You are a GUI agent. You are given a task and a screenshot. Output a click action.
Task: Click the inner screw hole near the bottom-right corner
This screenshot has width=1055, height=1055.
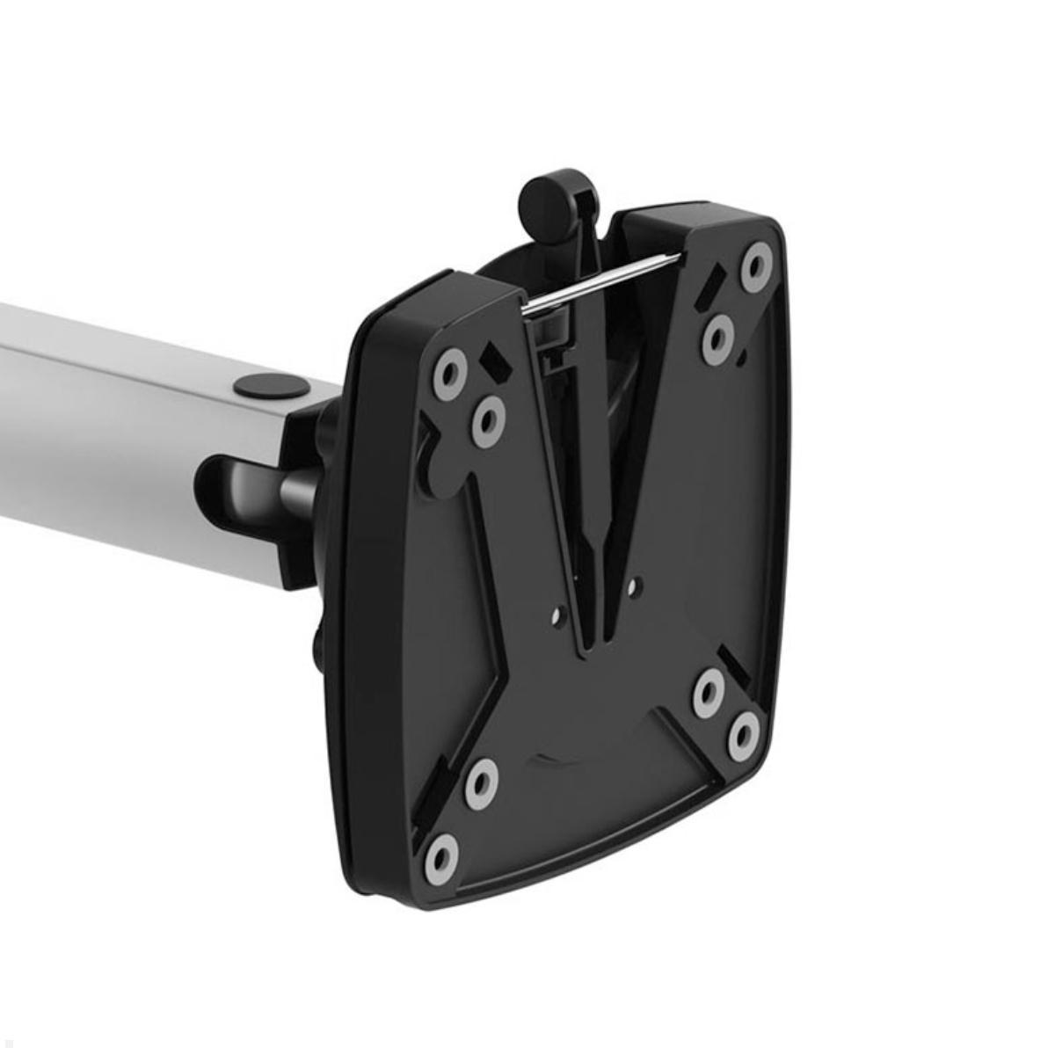click(x=707, y=694)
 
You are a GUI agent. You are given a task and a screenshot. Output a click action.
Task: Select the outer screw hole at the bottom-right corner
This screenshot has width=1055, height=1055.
click(x=744, y=734)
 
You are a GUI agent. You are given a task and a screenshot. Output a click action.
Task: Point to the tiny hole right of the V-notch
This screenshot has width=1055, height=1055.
click(x=636, y=583)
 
